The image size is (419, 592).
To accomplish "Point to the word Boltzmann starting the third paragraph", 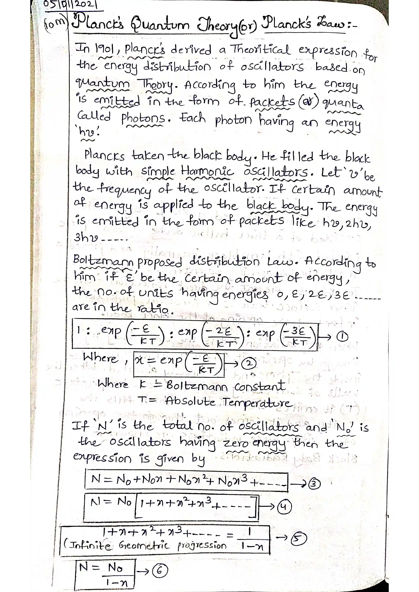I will point(103,261).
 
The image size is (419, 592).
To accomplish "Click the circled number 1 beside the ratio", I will point(343,336).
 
